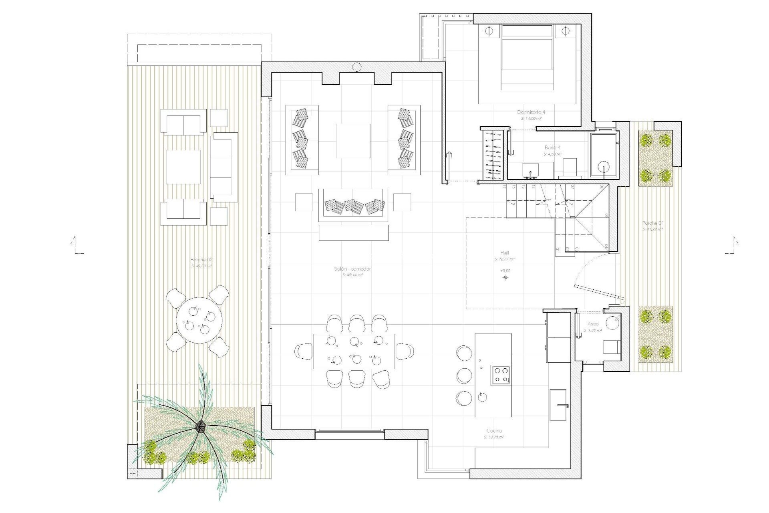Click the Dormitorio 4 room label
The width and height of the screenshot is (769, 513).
pyautogui.click(x=531, y=112)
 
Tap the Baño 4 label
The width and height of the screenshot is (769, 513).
pyautogui.click(x=553, y=147)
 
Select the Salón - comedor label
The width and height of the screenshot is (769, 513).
pyautogui.click(x=352, y=269)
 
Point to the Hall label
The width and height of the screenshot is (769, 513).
pyautogui.click(x=504, y=253)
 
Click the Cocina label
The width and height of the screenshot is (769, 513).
pyautogui.click(x=494, y=431)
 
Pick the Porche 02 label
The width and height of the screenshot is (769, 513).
pyautogui.click(x=201, y=260)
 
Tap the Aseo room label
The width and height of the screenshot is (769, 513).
pyautogui.click(x=593, y=324)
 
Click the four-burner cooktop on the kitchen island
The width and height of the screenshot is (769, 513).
pyautogui.click(x=501, y=375)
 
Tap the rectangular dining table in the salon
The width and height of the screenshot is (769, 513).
pyautogui.click(x=354, y=351)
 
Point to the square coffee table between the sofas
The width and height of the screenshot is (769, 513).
pyautogui.click(x=353, y=141)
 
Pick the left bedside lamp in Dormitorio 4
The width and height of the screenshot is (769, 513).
pyautogui.click(x=489, y=31)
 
